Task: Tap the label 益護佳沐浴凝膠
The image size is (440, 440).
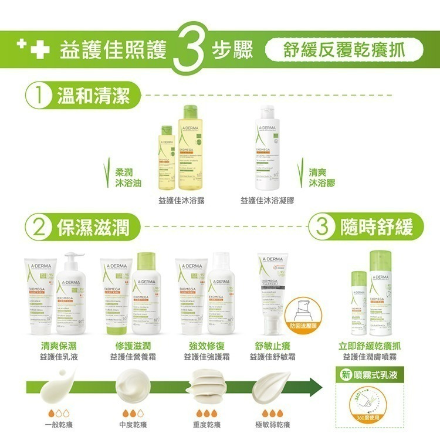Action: click(x=267, y=201)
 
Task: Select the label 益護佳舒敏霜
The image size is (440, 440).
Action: click(x=272, y=357)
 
